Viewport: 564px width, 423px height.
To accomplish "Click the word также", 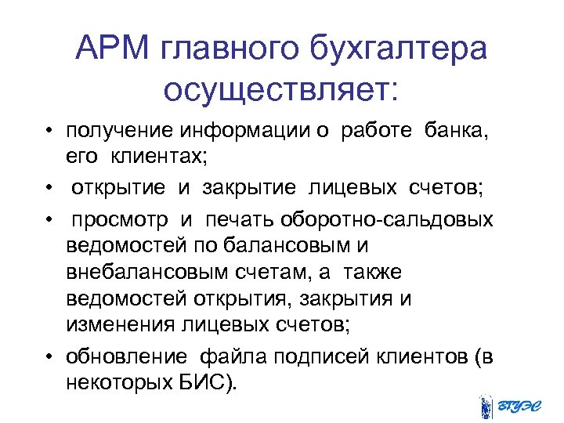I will (372, 273).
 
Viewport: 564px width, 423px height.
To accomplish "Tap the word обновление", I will (125, 356).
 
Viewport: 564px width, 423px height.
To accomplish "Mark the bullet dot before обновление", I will (48, 357).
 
